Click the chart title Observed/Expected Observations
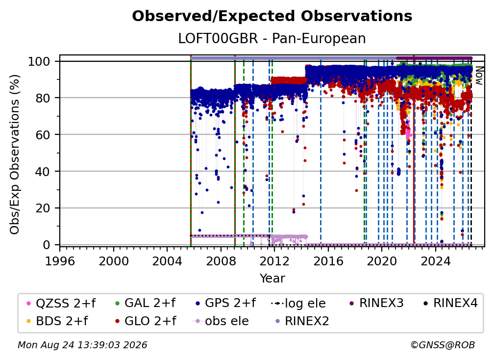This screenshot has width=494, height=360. coord(272,16)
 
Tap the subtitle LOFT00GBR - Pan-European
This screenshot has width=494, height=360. coord(272,38)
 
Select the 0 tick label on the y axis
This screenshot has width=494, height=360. coord(47,245)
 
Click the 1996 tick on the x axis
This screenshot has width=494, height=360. coord(60,261)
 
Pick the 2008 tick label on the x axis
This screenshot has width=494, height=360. coord(221,261)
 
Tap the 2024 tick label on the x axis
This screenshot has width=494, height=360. coord(435,261)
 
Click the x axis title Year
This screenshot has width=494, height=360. coord(272,279)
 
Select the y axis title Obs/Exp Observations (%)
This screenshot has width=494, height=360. coord(15,154)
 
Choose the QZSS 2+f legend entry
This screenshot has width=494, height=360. coord(61,303)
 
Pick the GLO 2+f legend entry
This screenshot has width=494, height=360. coord(146,321)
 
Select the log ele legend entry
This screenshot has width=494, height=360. coord(298,303)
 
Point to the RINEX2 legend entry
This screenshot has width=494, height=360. coord(302,321)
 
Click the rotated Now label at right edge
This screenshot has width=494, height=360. coord(479,76)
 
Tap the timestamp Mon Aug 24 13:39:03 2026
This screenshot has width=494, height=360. coord(82,345)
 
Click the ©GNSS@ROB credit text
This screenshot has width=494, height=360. coord(443,345)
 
